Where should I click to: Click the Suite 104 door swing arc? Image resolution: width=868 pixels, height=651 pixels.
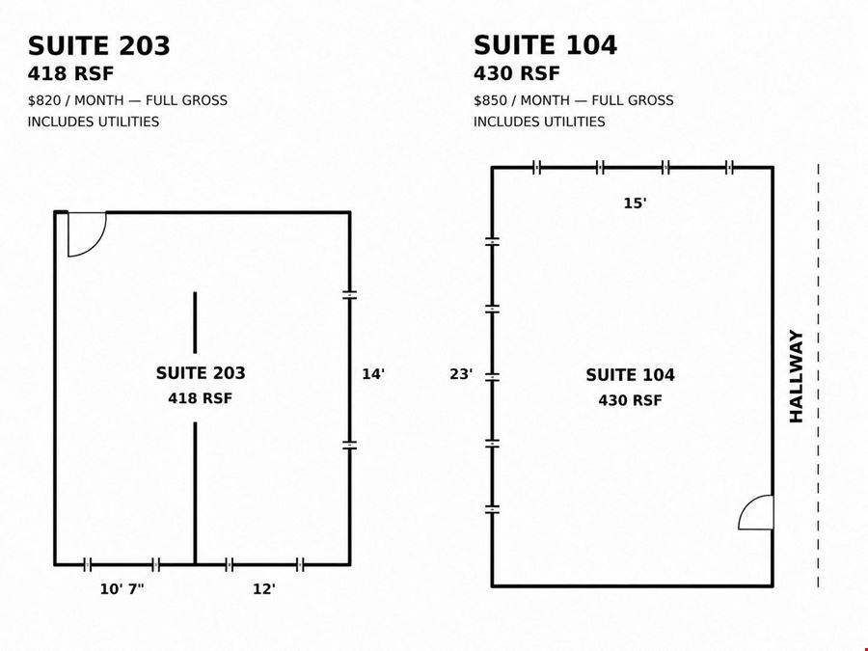point(746,506)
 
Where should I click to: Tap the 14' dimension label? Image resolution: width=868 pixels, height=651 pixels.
point(373,374)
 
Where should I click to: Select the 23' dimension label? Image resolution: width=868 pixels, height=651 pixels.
point(461,375)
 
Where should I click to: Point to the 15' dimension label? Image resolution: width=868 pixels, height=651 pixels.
point(635,203)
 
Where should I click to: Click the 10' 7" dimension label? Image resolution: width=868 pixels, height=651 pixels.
point(122,589)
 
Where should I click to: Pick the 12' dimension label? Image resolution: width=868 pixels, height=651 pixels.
point(264,589)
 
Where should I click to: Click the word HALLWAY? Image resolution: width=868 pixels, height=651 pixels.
point(796,376)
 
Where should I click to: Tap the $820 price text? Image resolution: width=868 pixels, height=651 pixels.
point(44,100)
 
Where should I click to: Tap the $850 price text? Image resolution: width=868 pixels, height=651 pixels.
point(490,100)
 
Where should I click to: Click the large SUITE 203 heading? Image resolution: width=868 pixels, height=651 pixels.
point(99,45)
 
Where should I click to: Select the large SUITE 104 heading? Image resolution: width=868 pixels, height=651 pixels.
point(545,44)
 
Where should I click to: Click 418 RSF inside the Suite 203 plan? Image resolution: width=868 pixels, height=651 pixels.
point(201,398)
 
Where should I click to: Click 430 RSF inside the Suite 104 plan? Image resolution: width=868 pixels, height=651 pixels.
point(630,400)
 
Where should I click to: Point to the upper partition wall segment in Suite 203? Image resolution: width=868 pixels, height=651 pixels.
point(195,322)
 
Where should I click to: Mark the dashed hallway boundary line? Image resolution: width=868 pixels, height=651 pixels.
point(818,375)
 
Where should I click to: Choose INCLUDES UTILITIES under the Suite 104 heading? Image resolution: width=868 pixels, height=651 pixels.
point(539,122)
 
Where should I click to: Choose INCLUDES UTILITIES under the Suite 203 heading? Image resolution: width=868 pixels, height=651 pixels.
point(94,122)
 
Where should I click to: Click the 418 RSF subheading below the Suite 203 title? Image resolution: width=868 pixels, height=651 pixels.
point(70,73)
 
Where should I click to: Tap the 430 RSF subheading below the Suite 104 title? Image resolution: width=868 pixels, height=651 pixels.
point(517,73)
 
